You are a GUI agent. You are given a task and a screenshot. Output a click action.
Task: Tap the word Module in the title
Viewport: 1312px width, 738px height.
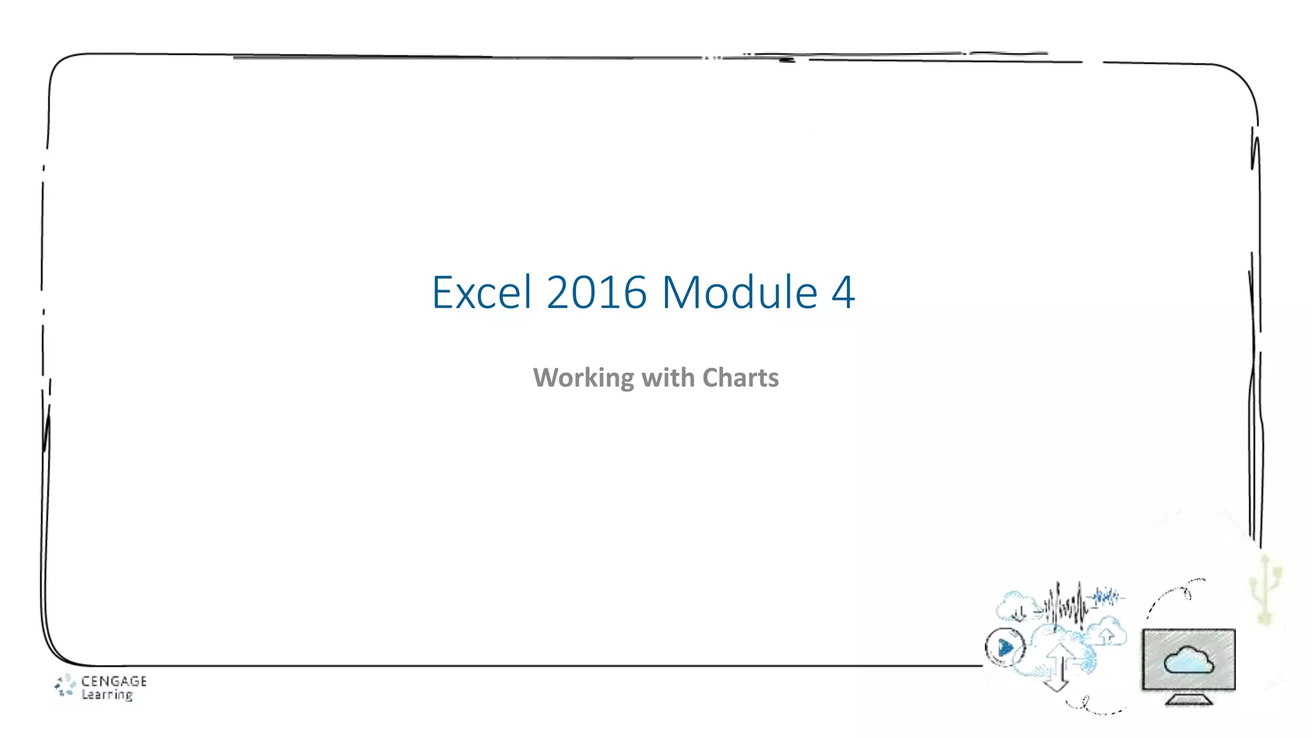[739, 292]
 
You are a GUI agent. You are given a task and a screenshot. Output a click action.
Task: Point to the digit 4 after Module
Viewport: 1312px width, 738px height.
[843, 292]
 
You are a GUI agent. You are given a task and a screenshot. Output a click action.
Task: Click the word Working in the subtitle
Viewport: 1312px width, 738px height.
[583, 378]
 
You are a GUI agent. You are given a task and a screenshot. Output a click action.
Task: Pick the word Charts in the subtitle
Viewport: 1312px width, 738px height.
[741, 377]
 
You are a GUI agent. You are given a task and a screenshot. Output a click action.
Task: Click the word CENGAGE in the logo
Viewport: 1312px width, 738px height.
[113, 681]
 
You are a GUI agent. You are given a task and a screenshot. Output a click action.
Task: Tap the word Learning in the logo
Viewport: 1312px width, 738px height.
[107, 694]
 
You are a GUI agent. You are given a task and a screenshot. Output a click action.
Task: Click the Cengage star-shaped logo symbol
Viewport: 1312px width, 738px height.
[65, 685]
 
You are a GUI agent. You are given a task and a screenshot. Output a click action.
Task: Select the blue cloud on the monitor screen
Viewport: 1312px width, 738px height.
[1188, 660]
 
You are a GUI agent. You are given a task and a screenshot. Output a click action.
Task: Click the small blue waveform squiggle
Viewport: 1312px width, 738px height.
[1107, 597]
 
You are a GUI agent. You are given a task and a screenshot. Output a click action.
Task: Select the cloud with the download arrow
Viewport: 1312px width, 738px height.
[1014, 606]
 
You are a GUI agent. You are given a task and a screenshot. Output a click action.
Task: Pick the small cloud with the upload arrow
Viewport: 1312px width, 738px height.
[1106, 632]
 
